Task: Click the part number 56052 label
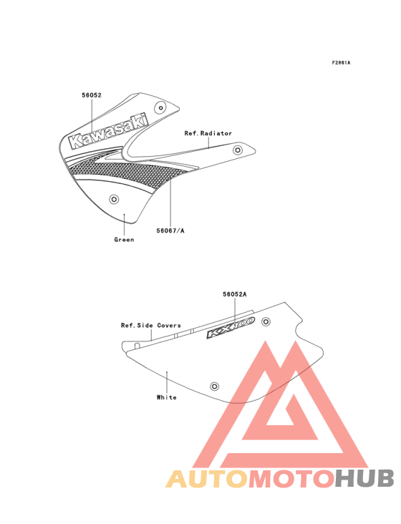coord(92,95)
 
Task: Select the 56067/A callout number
coord(170,231)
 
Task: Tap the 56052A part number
coord(235,294)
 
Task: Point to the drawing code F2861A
coord(341,62)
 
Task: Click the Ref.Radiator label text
coord(208,133)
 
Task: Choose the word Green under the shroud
coord(124,240)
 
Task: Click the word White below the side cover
coord(166,397)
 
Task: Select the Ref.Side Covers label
coord(151,326)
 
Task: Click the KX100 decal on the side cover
coord(231,328)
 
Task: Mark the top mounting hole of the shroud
coord(160,107)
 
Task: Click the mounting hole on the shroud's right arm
coord(238,150)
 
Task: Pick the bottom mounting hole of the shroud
coord(114,200)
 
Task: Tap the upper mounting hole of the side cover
coord(266,322)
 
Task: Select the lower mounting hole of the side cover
coord(215,387)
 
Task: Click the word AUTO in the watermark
coord(207,479)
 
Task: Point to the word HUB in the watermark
coord(365,479)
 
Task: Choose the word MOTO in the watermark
coord(292,479)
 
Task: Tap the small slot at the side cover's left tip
coord(137,346)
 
